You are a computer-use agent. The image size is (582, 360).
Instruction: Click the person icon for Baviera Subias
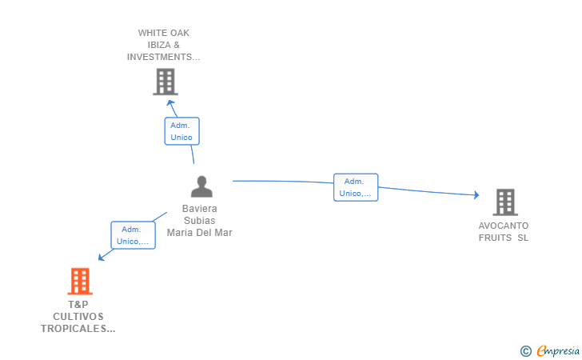click(201, 186)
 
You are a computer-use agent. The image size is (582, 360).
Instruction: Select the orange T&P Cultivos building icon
click(80, 281)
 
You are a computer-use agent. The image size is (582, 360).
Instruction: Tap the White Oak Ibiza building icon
click(165, 82)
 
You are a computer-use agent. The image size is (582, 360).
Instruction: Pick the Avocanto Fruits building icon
click(505, 202)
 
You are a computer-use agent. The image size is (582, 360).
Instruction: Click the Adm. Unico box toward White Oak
click(182, 131)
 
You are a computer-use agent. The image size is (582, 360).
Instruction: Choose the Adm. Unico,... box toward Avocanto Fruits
click(356, 187)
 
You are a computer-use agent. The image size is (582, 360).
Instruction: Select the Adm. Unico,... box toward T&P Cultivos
click(133, 235)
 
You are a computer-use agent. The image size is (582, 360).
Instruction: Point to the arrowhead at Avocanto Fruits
click(476, 194)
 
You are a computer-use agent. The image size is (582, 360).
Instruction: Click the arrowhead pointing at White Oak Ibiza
click(170, 103)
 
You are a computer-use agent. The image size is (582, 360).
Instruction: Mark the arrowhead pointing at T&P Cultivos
click(101, 257)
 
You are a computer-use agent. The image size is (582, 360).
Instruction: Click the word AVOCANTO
click(504, 226)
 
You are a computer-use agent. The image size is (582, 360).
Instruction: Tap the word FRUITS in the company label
click(495, 238)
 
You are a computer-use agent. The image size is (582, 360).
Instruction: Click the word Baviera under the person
click(200, 209)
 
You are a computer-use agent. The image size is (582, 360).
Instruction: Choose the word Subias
click(200, 220)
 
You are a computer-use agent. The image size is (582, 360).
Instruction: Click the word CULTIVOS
click(78, 317)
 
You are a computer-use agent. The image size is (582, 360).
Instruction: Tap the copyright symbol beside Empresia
click(526, 351)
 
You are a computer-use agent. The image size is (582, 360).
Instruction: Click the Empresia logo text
click(558, 350)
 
